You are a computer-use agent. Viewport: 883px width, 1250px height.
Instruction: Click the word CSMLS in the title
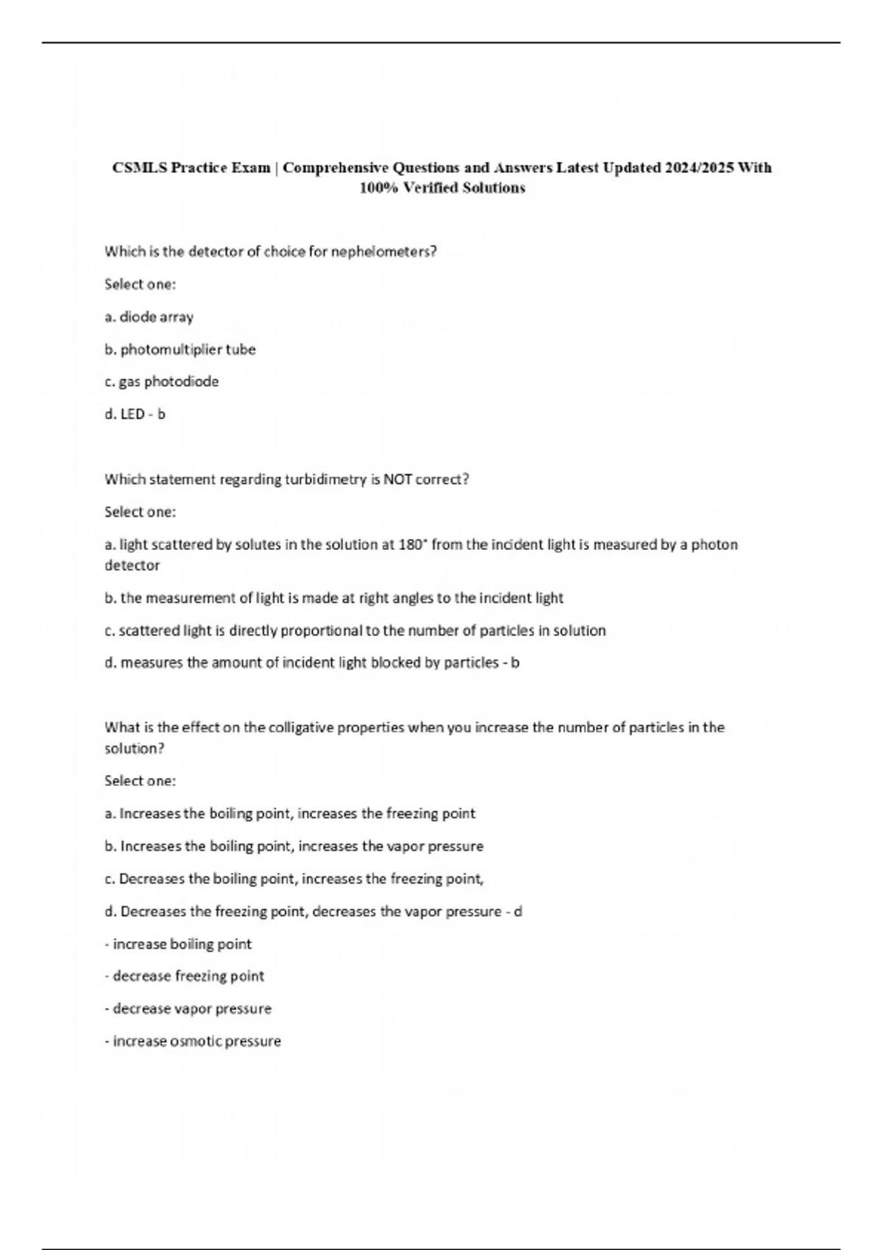[x=140, y=168]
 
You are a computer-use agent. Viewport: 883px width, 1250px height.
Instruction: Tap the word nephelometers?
[x=384, y=251]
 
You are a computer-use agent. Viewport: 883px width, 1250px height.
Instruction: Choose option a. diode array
[x=149, y=317]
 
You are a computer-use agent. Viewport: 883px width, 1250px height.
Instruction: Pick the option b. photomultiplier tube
[x=180, y=349]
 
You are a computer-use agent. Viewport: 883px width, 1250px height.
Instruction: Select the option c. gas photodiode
[x=161, y=382]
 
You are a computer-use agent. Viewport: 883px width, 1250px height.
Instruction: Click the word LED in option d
[x=132, y=414]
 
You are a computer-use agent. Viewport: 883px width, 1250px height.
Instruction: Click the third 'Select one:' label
[x=140, y=781]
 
